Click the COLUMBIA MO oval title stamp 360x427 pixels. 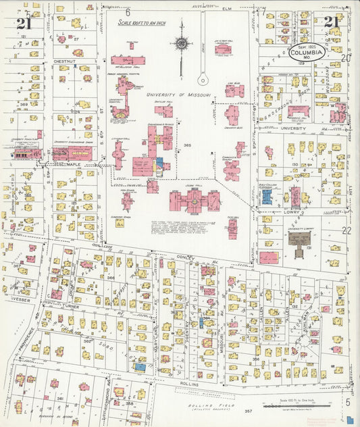[x=307, y=53]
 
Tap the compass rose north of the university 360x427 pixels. [x=181, y=44]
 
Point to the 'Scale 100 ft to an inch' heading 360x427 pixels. [x=143, y=23]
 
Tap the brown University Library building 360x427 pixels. [x=297, y=236]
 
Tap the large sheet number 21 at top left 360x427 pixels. [x=24, y=24]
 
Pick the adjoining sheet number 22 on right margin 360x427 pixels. [x=347, y=230]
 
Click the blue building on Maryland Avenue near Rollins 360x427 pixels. [x=140, y=367]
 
